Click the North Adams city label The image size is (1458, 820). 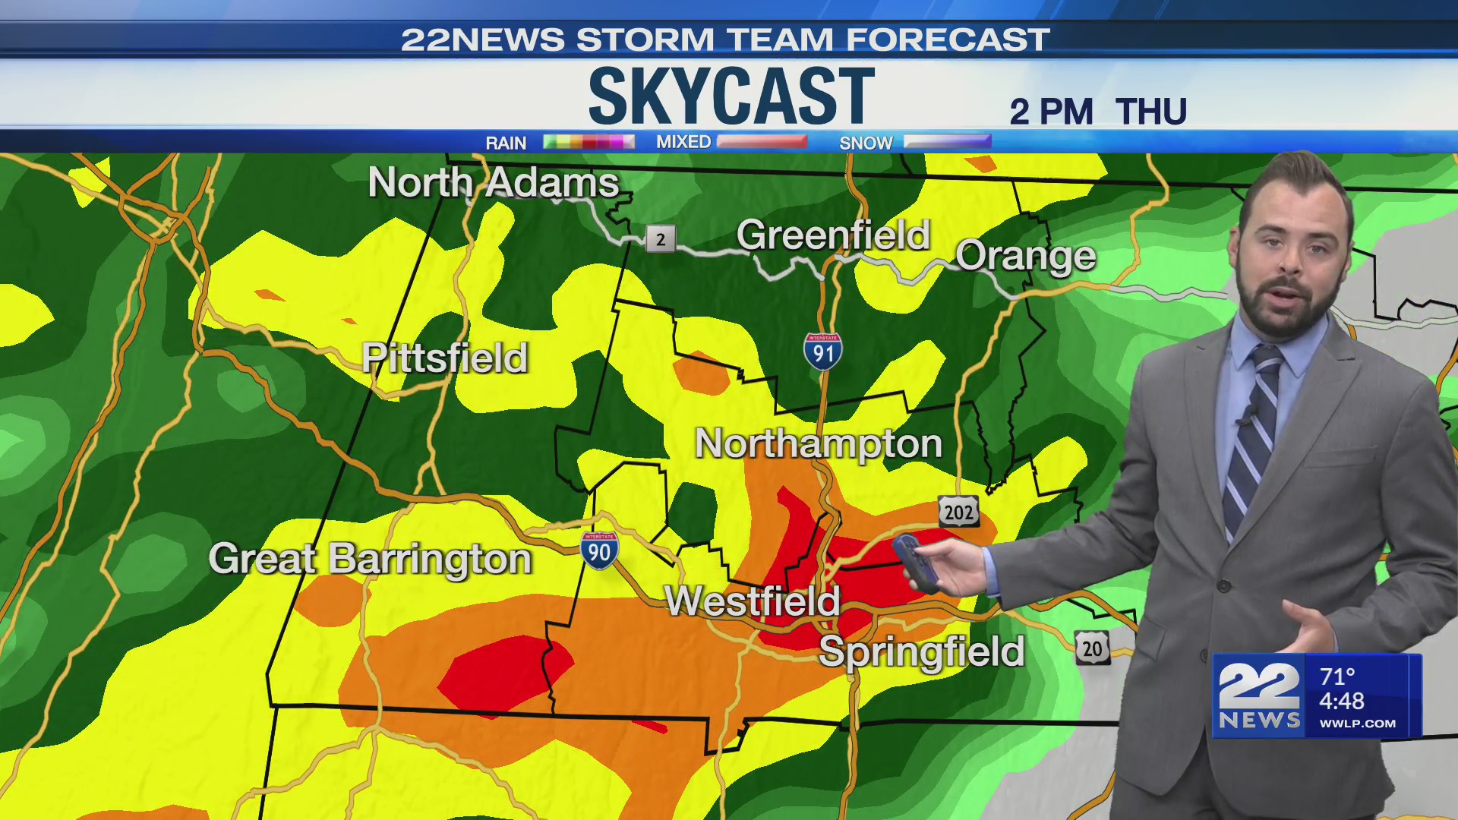494,183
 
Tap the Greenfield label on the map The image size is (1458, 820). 833,235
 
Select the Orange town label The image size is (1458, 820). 1025,257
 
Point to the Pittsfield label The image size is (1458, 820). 445,358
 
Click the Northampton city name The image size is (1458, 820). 818,443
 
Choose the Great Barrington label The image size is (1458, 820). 370,560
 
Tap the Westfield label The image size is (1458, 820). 752,601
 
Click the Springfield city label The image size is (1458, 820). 921,652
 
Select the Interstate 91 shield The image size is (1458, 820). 822,352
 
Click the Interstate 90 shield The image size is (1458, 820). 599,550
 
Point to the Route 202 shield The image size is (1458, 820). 958,512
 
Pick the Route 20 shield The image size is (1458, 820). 1092,648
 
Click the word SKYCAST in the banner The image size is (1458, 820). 731,96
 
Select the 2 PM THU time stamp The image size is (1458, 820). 1097,112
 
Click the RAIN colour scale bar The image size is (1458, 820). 589,142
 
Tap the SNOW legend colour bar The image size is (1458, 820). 947,142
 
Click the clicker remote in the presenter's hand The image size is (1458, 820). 914,562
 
